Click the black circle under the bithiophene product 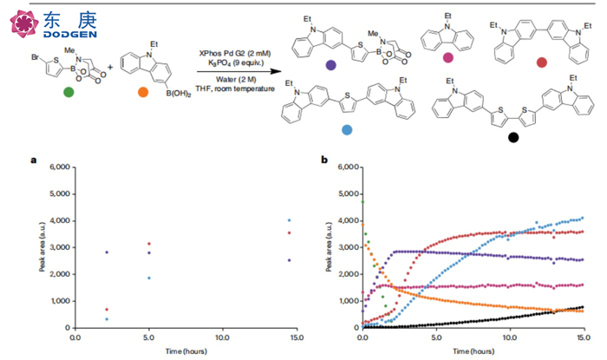tap(513, 137)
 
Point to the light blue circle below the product tap(347, 128)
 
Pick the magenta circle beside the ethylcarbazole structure tap(447, 58)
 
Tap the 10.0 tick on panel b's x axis tap(511, 338)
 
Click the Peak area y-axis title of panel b tap(329, 246)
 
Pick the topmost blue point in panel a tap(289, 219)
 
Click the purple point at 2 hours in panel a tap(106, 252)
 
